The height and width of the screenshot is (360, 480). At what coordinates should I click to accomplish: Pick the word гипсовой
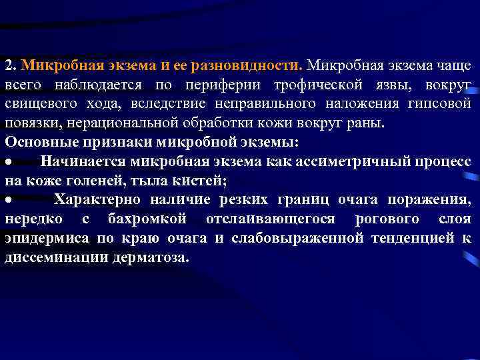click(x=443, y=105)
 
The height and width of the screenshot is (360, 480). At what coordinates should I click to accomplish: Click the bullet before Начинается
click(x=9, y=162)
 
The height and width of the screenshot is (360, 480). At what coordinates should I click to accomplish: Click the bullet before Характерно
click(x=9, y=200)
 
